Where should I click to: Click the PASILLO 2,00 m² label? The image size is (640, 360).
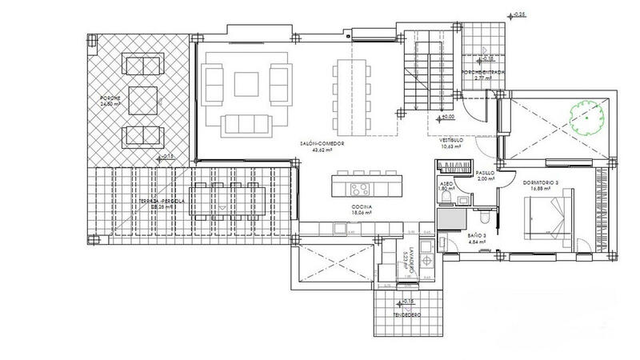pos(485,175)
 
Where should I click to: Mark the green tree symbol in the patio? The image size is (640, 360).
pos(586,116)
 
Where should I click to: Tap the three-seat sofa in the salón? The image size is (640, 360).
pos(246,124)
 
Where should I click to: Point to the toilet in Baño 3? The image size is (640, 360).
pos(485,216)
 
